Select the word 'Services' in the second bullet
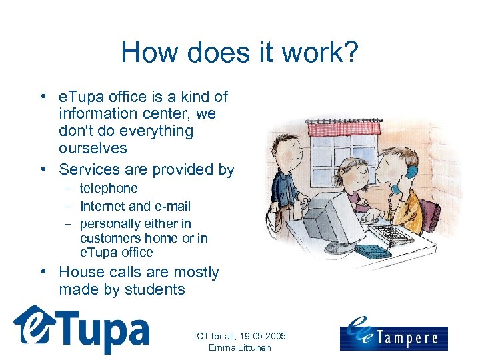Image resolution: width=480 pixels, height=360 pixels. [89, 169]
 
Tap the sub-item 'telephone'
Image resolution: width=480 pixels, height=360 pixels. [109, 189]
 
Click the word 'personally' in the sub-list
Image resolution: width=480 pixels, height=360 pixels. [112, 223]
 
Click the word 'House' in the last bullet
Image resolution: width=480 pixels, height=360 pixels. [81, 272]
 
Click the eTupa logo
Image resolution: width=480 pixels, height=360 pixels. [81, 329]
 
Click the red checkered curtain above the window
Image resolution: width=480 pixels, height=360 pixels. [344, 128]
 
